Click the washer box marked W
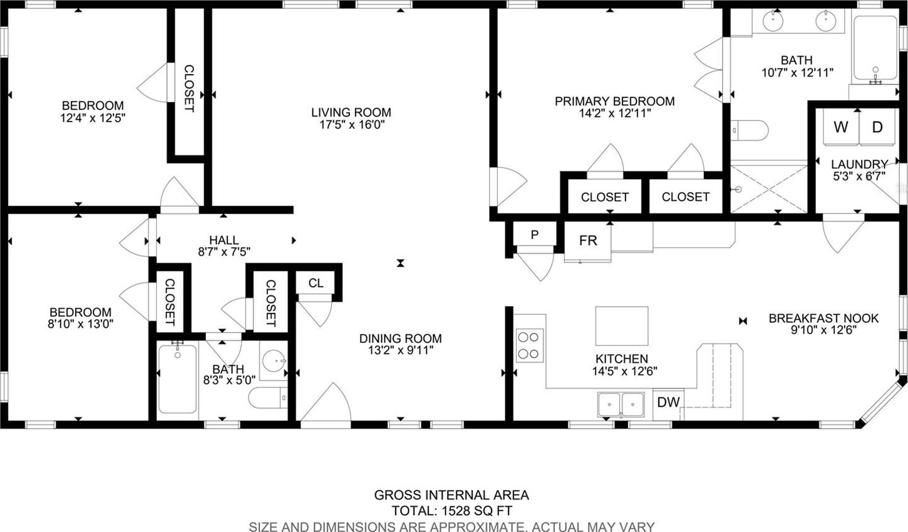[841, 126]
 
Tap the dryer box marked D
[877, 126]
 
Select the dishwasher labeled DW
[668, 402]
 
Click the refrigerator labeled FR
[588, 242]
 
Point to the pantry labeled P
[535, 234]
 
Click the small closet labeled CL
[316, 282]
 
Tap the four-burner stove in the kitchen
[529, 345]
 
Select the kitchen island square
[622, 326]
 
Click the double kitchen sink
[621, 404]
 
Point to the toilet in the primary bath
[750, 130]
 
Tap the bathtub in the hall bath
[178, 378]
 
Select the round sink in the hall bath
[273, 361]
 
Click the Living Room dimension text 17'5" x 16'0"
[351, 125]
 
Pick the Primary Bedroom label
[614, 101]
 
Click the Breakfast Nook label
[823, 318]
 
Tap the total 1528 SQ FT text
[451, 511]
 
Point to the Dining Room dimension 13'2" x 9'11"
[401, 350]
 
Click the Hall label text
[224, 240]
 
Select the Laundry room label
[859, 164]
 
